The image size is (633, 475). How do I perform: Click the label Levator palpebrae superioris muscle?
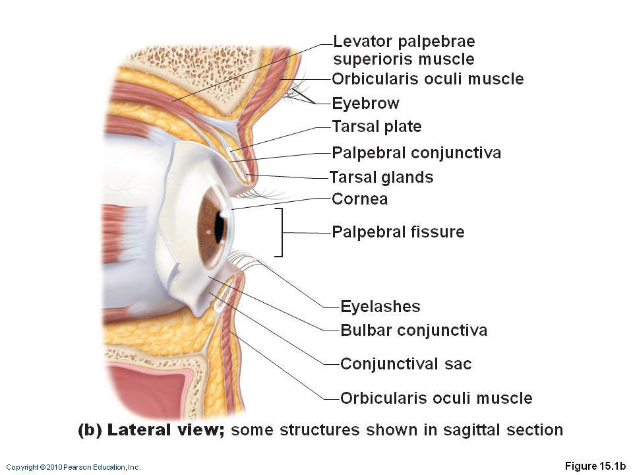(404, 50)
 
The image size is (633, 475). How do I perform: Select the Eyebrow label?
(365, 103)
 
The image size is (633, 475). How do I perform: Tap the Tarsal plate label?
(377, 126)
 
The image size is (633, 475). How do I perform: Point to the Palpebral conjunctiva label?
(416, 153)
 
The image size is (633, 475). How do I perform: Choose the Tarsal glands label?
(381, 177)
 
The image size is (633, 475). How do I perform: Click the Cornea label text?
(359, 199)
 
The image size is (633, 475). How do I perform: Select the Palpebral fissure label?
(398, 232)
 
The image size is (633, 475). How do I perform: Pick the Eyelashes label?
(380, 306)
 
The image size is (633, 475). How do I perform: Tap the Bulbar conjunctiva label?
(413, 330)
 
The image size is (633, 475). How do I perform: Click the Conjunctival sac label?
(406, 364)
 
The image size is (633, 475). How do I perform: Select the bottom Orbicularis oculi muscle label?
(436, 398)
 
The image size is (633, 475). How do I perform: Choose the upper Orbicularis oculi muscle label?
(427, 79)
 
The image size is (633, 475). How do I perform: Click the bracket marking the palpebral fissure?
(282, 232)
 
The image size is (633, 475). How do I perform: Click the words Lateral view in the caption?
(166, 430)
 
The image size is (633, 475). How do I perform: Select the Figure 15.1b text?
(595, 466)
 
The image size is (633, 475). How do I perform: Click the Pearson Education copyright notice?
(73, 467)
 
